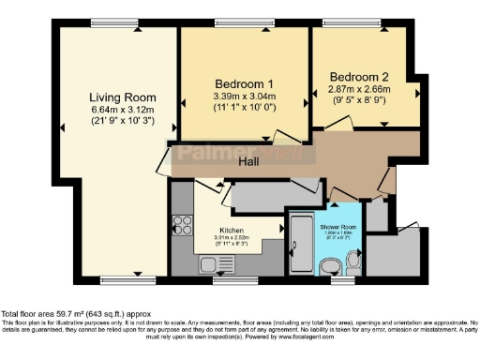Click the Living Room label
[122, 97]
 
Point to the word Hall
[248, 162]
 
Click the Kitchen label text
[232, 230]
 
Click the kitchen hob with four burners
[180, 228]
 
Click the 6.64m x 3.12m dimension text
[122, 110]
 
